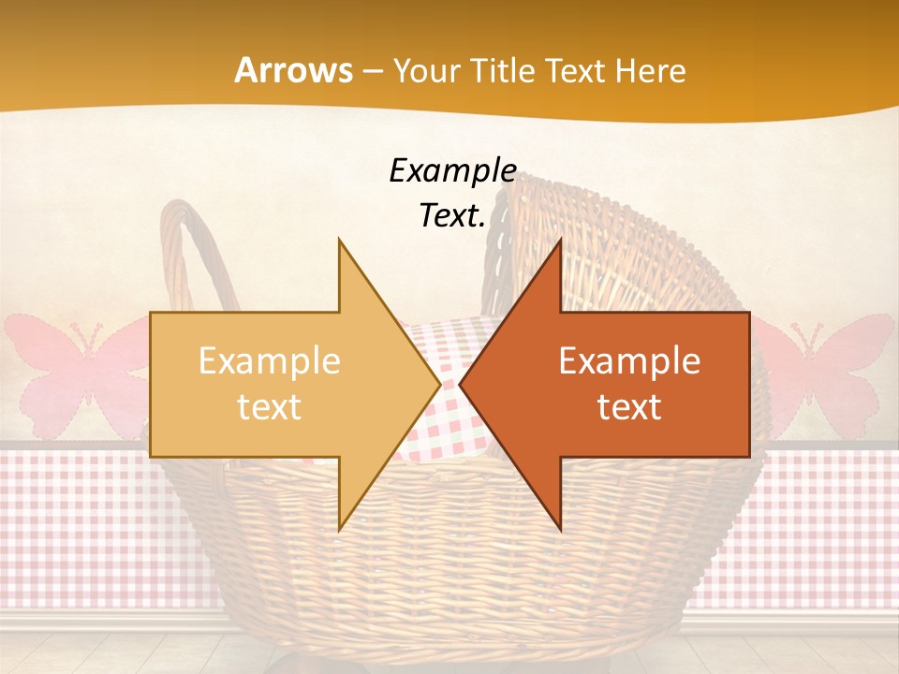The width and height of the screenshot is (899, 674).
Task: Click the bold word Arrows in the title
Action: coord(294,70)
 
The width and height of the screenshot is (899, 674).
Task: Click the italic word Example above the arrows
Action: coord(452,170)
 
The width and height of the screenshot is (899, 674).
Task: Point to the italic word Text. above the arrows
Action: coord(452,215)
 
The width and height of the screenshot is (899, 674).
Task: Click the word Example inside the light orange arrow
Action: coord(269,361)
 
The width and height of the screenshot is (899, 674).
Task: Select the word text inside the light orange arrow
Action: coord(269,407)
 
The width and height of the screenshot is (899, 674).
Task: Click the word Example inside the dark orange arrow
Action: coord(629,361)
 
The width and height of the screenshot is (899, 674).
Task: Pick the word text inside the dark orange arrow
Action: coord(629,407)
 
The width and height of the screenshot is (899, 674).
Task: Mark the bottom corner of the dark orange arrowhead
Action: coord(559,528)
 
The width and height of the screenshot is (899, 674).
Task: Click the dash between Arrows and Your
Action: coord(372,71)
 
